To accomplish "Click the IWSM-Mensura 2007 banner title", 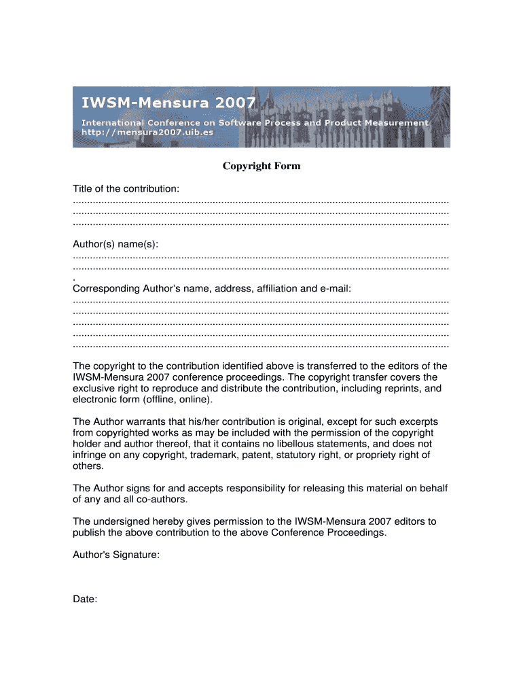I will [169, 104].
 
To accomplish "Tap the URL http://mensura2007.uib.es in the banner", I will [147, 132].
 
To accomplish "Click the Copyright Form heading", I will [261, 166].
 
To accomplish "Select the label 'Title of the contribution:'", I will [126, 188].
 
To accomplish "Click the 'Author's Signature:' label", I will [116, 555].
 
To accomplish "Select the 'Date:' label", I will [85, 599].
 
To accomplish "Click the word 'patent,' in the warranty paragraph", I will [257, 455].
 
